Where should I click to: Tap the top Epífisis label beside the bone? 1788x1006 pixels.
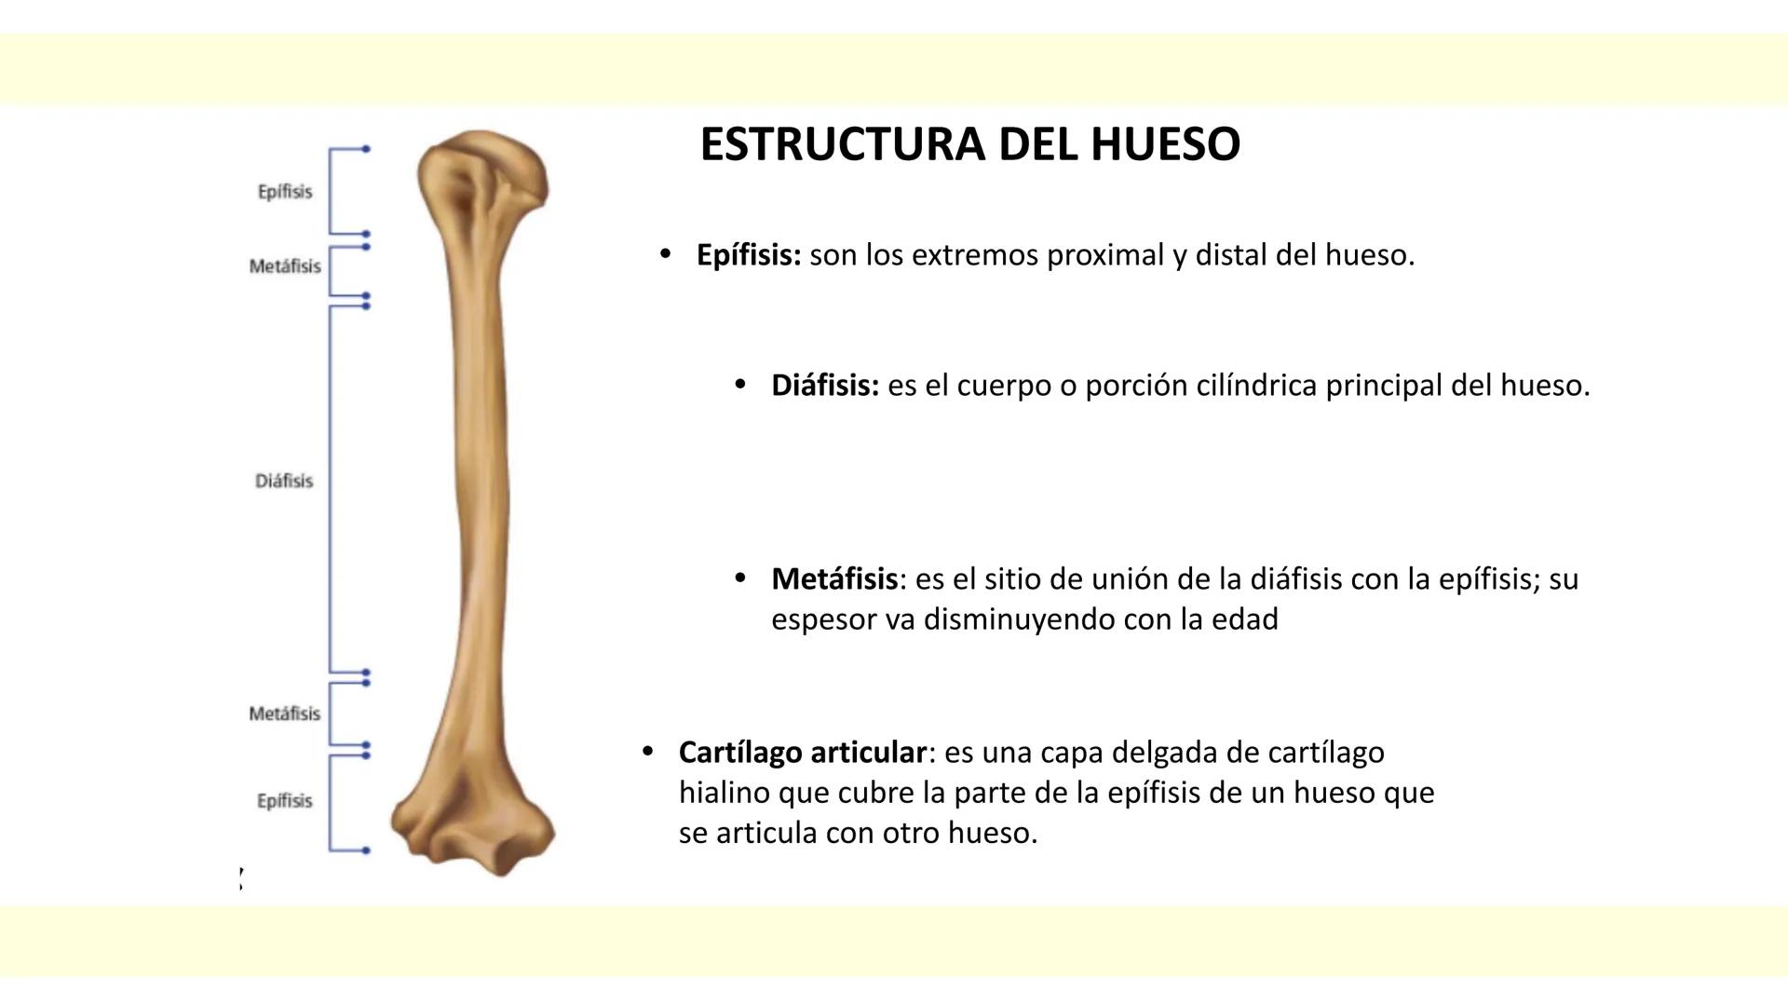[x=285, y=192]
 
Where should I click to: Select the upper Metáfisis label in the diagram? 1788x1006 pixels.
[x=285, y=266]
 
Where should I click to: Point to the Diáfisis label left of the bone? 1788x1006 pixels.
[x=284, y=481]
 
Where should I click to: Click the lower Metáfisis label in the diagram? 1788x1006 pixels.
[x=284, y=714]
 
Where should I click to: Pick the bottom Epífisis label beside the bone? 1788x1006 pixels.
[x=285, y=801]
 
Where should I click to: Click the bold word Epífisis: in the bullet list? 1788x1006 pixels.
[x=748, y=255]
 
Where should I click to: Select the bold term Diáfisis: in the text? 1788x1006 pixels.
[x=824, y=386]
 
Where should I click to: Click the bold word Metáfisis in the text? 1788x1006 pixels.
[x=833, y=579]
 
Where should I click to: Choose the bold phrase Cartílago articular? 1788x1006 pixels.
[x=802, y=752]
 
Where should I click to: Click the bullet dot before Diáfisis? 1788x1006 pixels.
[x=740, y=384]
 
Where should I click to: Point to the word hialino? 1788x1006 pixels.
[x=725, y=793]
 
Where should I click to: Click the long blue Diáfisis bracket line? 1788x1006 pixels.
[x=330, y=484]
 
